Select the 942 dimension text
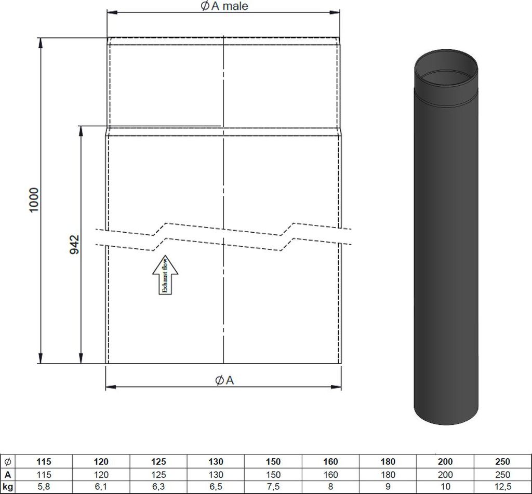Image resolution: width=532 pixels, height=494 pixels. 74,244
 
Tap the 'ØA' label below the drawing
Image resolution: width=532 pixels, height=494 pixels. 224,380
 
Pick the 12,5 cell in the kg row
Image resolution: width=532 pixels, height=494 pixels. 502,487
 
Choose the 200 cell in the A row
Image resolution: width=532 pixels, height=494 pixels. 445,474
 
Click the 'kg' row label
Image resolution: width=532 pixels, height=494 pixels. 8,487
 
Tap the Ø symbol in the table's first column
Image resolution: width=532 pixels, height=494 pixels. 8,461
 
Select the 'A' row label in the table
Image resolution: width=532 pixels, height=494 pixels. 8,474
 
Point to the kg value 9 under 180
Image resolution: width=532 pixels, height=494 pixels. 388,487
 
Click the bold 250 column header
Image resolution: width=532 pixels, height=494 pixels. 502,461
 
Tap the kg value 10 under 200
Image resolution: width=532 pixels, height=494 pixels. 445,487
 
